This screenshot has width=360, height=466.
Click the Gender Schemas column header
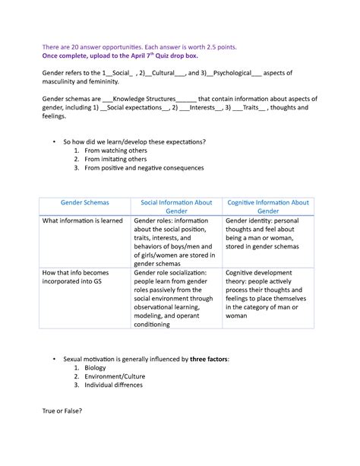pos(85,203)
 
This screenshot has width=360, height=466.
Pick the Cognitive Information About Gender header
pos(268,207)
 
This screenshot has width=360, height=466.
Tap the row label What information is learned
pos(83,220)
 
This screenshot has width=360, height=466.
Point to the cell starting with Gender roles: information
pos(174,242)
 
